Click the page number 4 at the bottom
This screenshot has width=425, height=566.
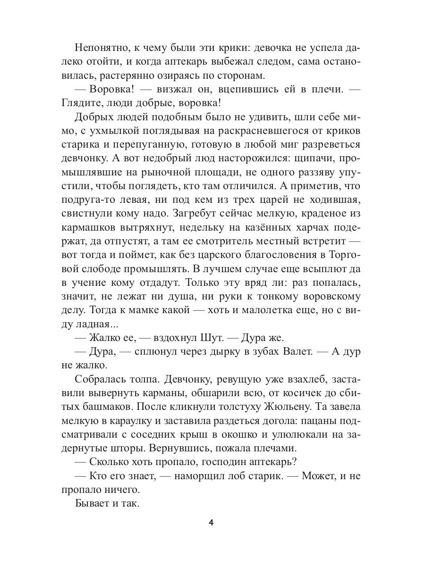click(x=212, y=522)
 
